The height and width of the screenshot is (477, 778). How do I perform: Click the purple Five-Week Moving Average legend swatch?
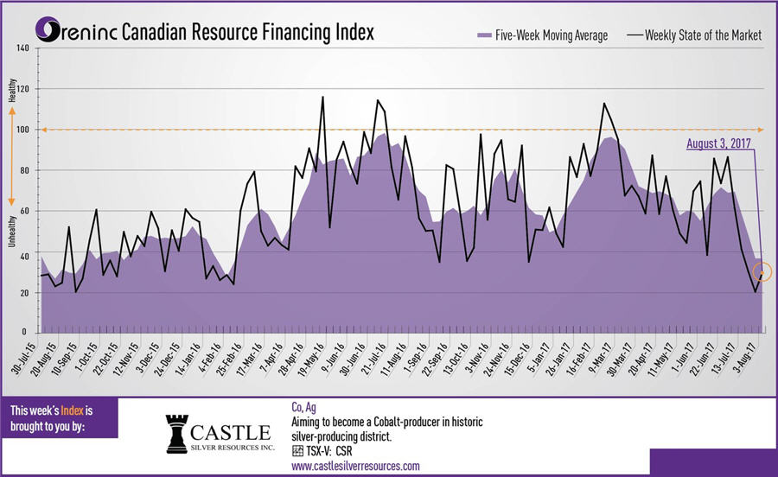click(484, 35)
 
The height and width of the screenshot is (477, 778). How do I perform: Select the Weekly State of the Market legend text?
click(707, 35)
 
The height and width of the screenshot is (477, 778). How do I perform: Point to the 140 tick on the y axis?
click(22, 48)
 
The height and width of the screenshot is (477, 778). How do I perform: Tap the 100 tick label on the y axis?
click(22, 130)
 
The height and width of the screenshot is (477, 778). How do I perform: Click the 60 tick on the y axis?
click(23, 211)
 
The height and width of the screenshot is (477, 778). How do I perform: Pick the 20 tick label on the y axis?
click(23, 293)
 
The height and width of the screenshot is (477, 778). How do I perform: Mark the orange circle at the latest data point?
click(762, 273)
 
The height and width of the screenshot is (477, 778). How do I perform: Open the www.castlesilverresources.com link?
click(355, 466)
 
